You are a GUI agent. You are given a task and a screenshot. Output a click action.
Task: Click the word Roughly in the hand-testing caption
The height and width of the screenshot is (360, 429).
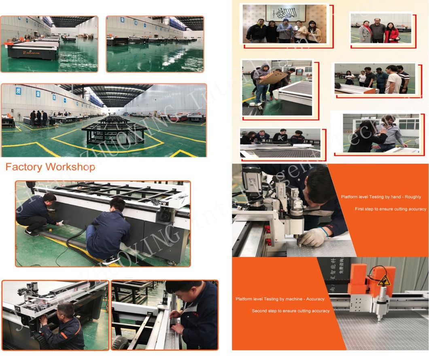pos(411,197)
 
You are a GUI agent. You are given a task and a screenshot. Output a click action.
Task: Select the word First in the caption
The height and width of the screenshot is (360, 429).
pos(360,209)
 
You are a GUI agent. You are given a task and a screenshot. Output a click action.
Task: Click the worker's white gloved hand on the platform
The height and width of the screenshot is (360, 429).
pos(312,237)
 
